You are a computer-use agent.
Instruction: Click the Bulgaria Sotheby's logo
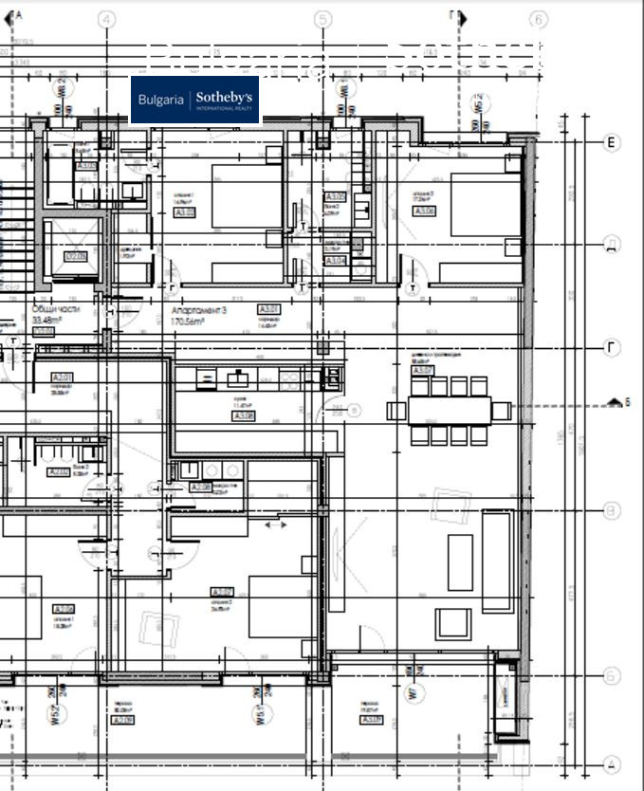tap(194, 100)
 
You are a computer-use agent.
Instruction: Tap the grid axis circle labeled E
tap(612, 142)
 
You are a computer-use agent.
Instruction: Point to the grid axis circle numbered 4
tap(107, 19)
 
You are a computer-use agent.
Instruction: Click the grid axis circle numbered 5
tap(322, 19)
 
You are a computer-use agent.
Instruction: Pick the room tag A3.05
tap(185, 212)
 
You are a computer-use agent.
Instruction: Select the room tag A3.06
tap(424, 211)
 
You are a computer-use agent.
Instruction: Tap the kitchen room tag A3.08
tap(244, 415)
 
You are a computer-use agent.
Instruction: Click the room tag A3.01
tap(269, 309)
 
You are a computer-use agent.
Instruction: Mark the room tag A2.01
tap(62, 377)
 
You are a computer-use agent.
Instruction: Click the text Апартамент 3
tap(199, 310)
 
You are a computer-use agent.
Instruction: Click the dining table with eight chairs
tap(450, 411)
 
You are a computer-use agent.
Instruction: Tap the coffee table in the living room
tap(460, 561)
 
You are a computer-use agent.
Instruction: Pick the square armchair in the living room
tap(452, 623)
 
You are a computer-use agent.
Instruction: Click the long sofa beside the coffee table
tap(497, 561)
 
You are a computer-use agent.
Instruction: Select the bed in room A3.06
tap(486, 204)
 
